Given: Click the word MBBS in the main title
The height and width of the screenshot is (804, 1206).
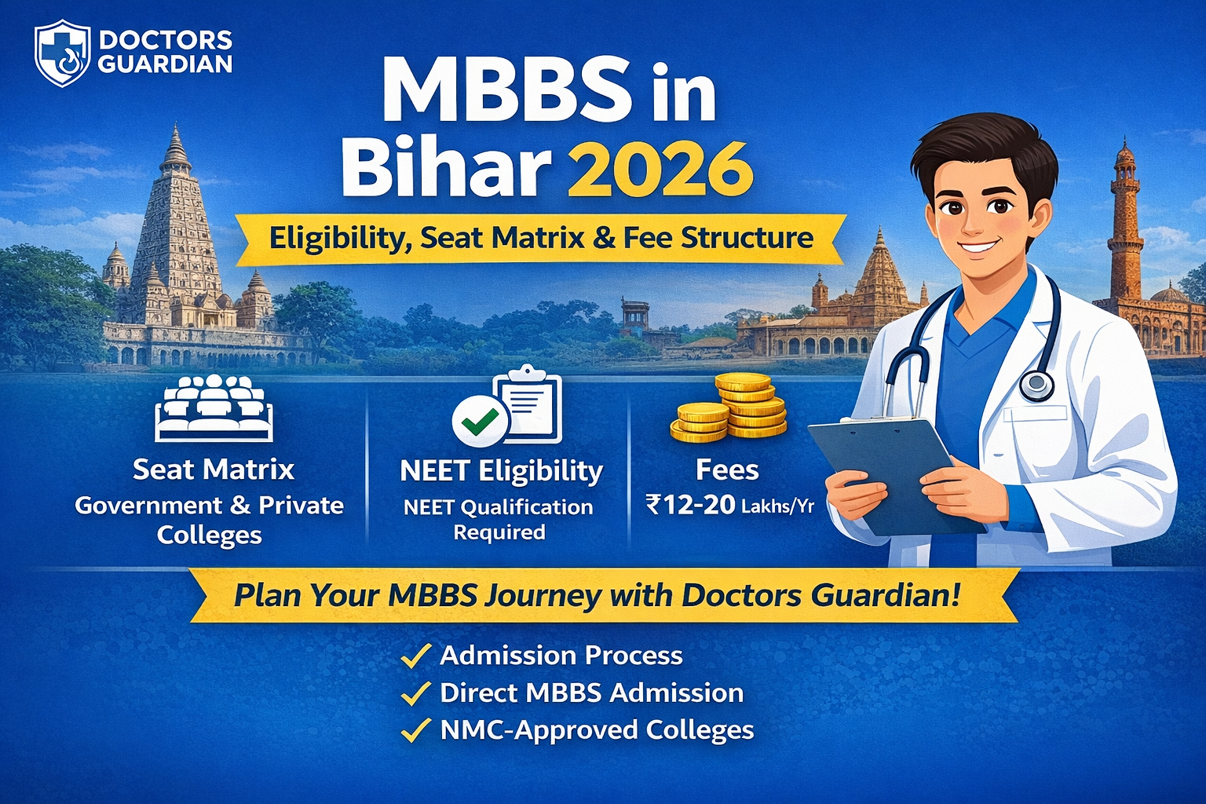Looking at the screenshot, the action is (x=506, y=90).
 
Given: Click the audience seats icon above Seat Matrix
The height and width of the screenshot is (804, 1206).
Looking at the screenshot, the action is (x=214, y=408).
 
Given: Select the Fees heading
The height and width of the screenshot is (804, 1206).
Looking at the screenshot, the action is (x=727, y=470).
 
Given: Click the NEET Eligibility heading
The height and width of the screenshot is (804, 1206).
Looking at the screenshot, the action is (x=501, y=471).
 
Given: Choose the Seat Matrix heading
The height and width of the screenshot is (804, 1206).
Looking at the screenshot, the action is (x=214, y=470).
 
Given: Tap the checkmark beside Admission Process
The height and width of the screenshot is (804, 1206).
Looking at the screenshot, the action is (x=415, y=656).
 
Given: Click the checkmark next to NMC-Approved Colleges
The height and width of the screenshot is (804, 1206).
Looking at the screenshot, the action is (x=415, y=730).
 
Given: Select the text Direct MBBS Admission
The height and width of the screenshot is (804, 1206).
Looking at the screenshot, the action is (x=592, y=693).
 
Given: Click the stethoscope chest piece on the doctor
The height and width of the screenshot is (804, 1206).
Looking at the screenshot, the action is (x=1037, y=383).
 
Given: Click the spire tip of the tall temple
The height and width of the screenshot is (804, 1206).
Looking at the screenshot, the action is (x=176, y=125).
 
